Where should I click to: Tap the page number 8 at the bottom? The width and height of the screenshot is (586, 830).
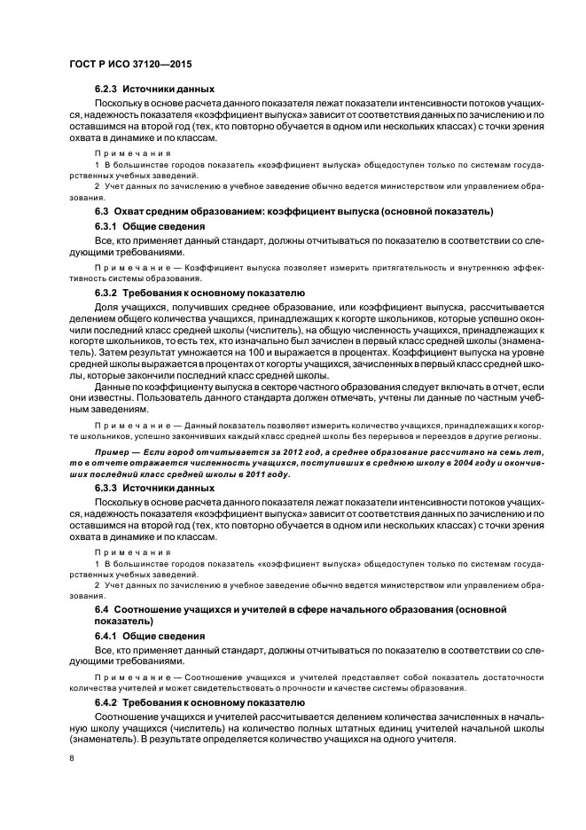coord(72,756)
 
